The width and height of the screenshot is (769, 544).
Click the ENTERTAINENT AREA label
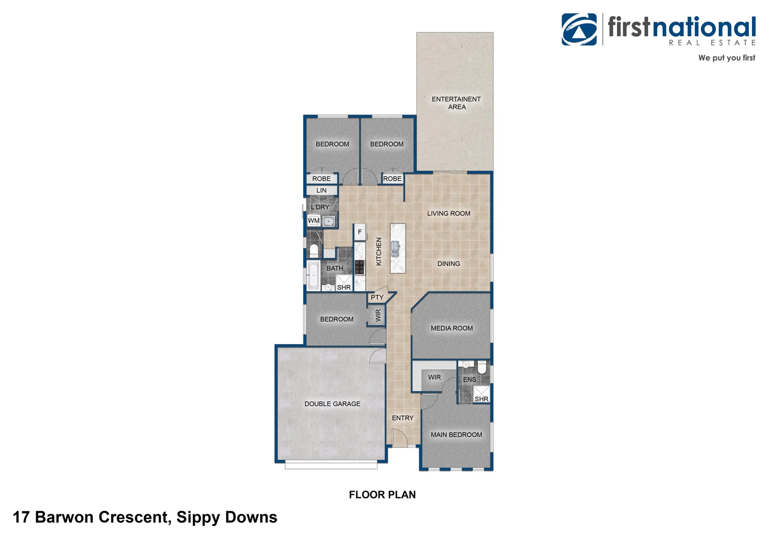click(x=456, y=103)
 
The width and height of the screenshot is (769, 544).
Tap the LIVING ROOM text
click(x=448, y=214)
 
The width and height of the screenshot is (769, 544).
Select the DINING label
click(x=448, y=264)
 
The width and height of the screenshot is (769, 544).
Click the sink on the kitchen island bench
click(x=396, y=248)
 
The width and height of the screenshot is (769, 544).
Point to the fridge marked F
click(x=359, y=232)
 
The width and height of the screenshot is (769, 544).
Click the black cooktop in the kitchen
click(x=359, y=267)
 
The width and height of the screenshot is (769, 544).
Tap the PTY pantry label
click(x=377, y=298)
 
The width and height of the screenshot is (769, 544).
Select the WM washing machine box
click(x=314, y=221)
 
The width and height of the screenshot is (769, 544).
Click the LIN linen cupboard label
click(x=322, y=190)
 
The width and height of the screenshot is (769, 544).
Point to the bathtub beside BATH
click(x=313, y=275)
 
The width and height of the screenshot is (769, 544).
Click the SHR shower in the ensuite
click(x=481, y=394)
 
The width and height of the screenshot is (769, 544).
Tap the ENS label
click(x=469, y=380)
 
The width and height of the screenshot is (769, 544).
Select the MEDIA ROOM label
click(x=451, y=328)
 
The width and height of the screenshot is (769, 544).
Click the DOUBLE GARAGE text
click(x=332, y=404)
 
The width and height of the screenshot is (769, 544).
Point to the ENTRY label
click(x=403, y=418)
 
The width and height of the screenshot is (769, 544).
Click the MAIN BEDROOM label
click(x=456, y=435)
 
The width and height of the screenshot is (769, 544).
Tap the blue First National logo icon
click(x=579, y=30)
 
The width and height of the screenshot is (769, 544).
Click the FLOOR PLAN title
click(x=382, y=495)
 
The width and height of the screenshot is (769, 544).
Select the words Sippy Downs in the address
click(x=226, y=517)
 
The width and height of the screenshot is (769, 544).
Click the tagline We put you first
click(x=726, y=58)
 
